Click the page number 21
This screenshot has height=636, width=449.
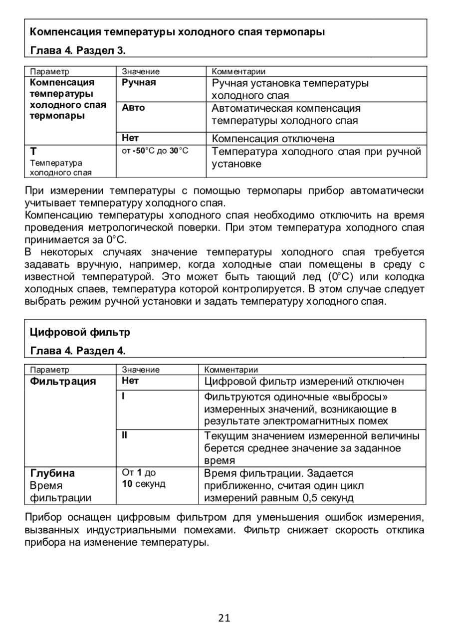click(x=224, y=618)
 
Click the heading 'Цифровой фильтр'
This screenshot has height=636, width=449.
click(x=80, y=332)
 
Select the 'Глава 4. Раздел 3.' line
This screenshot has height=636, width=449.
click(x=78, y=50)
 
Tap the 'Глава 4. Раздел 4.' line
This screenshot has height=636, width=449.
click(x=78, y=351)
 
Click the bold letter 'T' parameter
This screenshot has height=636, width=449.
click(x=33, y=151)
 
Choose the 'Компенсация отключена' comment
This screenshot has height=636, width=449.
click(x=273, y=138)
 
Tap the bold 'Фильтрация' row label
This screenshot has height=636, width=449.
click(x=63, y=382)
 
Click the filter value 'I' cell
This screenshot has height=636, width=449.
click(x=124, y=396)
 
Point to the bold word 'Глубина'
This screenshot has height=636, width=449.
click(x=52, y=472)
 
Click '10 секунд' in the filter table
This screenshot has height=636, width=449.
click(x=144, y=484)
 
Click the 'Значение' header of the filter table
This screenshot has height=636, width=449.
click(x=141, y=370)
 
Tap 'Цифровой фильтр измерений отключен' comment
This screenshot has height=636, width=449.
click(x=311, y=382)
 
